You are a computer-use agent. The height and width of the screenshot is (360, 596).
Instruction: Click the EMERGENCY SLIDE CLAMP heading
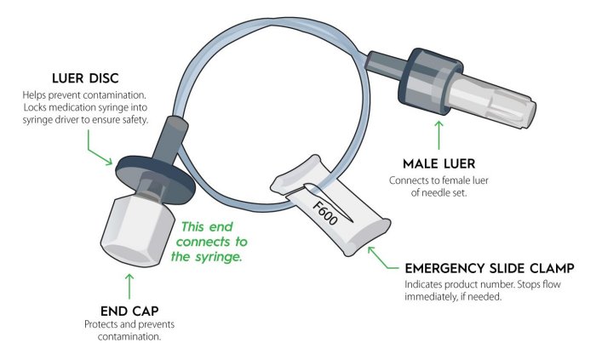click(489, 268)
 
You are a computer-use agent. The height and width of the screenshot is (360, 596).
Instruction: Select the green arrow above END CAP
click(129, 285)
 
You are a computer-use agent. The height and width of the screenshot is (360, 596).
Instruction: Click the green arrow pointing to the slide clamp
click(378, 255)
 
